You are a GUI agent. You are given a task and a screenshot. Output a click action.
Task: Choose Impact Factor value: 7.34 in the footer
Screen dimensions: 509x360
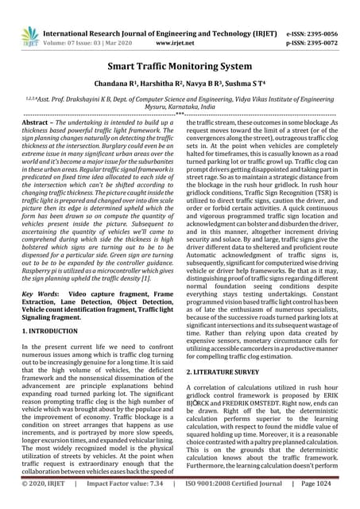(x=122, y=502)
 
